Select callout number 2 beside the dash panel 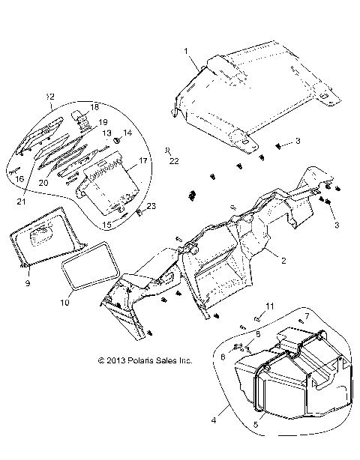pyautogui.click(x=283, y=261)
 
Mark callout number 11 pyautogui.click(x=271, y=306)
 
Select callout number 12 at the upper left pyautogui.click(x=50, y=97)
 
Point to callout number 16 pyautogui.click(x=20, y=179)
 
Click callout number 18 pyautogui.click(x=94, y=108)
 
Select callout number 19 pyautogui.click(x=102, y=122)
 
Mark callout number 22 pyautogui.click(x=172, y=160)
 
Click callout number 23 pyautogui.click(x=150, y=206)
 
